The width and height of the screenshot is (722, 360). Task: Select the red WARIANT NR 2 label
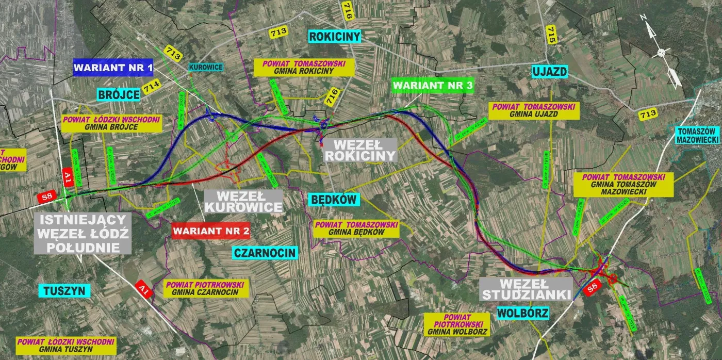coord(211,231)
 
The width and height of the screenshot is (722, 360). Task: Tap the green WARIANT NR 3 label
coord(432,86)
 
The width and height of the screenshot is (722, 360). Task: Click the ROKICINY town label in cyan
coord(334,36)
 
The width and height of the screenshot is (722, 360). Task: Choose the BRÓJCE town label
coord(118,94)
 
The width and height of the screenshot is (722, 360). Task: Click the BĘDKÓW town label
coord(334,199)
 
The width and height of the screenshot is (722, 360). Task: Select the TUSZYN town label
coord(64,290)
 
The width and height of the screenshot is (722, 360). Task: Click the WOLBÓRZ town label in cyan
coord(522,313)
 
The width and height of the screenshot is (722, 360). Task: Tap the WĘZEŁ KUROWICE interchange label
coord(243,201)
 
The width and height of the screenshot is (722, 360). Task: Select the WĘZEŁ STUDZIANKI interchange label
coord(526,289)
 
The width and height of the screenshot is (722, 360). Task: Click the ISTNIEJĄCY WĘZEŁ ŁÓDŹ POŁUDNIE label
coord(83,233)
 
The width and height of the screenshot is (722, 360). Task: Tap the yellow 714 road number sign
coord(151,88)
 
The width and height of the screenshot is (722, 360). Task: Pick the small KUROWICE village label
coord(206,67)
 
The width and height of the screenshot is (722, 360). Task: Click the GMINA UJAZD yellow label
coord(534,110)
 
